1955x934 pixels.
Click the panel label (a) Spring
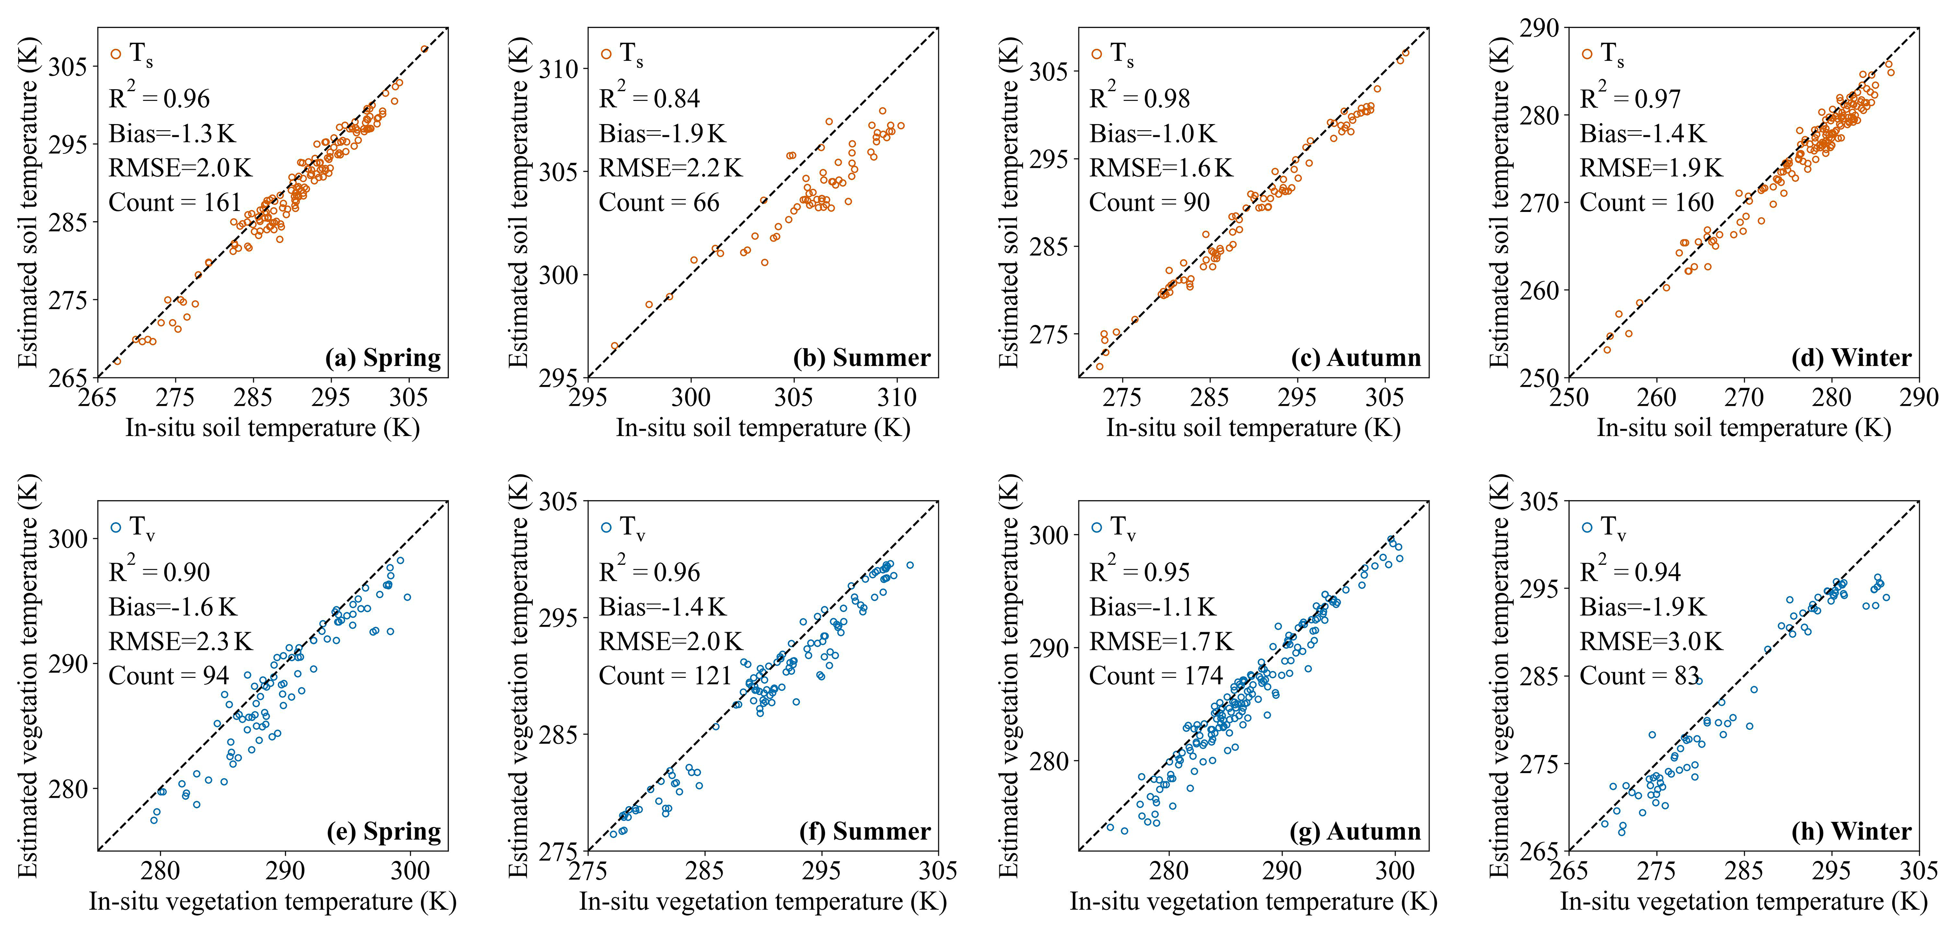[x=383, y=358]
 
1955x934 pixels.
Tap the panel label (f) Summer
[x=864, y=832]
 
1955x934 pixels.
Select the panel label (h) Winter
[x=1851, y=832]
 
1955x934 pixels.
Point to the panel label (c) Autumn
[x=1356, y=358]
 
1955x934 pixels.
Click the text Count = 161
[x=174, y=203]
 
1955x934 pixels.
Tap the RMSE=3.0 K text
[x=1651, y=642]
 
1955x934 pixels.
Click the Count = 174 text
[x=1156, y=676]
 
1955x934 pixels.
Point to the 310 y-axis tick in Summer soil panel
[x=559, y=69]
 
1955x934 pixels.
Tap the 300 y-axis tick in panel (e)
[x=68, y=539]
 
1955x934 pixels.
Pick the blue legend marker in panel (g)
[x=1097, y=527]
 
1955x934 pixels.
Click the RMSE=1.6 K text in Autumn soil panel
[x=1161, y=168]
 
